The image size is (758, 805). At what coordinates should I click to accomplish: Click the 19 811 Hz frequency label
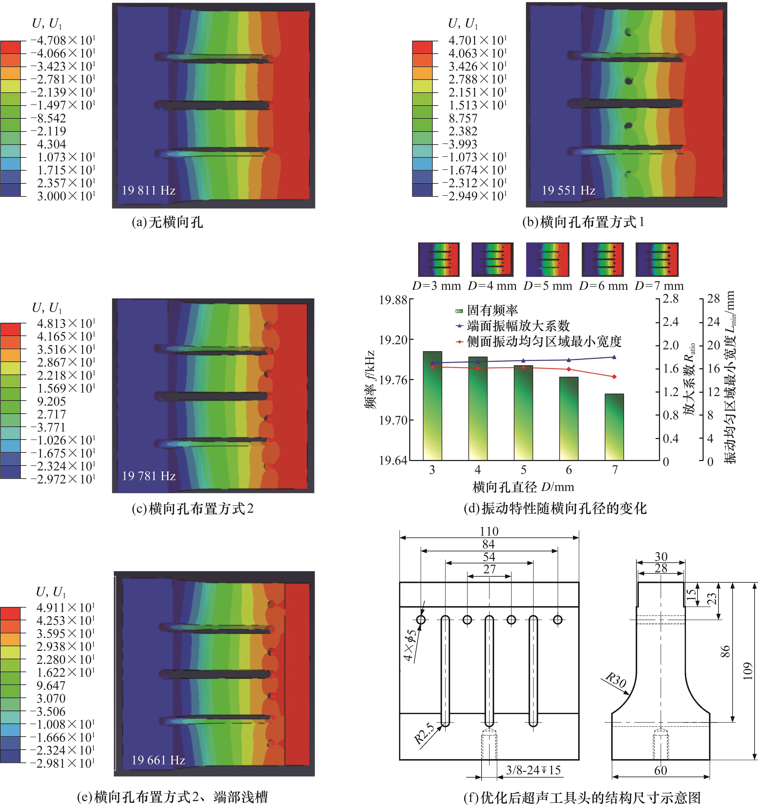pos(149,190)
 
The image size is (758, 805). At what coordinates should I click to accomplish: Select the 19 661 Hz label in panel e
pos(158,760)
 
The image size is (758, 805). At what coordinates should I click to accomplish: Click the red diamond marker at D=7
pos(614,377)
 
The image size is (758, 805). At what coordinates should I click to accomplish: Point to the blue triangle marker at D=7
pos(614,357)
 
